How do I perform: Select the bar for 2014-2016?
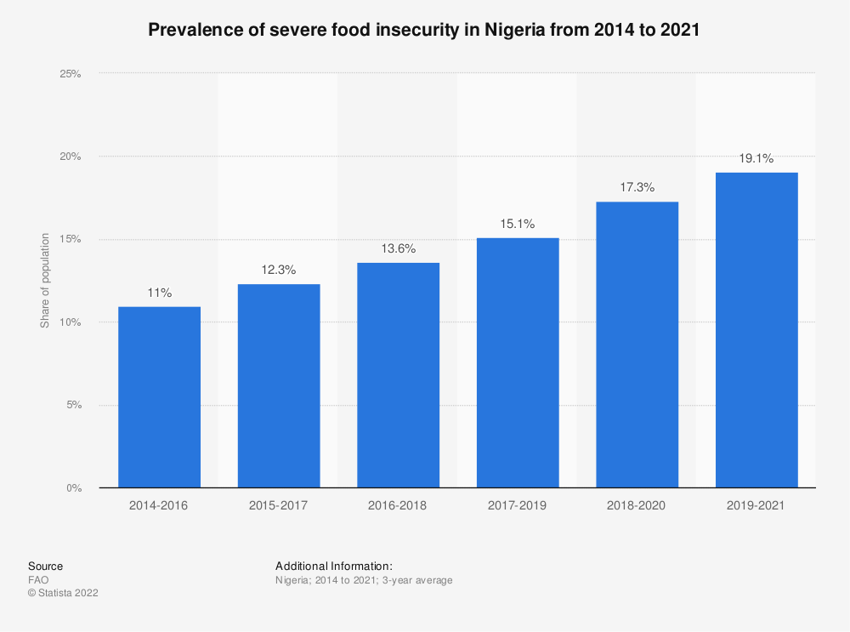159,397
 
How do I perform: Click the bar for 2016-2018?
398,375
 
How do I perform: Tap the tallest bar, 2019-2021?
756,330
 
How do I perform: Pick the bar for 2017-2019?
518,363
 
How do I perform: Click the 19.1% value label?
756,158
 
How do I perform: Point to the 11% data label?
159,293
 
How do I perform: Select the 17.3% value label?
637,187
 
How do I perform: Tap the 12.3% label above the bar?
279,270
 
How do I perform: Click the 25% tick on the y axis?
70,74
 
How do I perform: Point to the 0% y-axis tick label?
73,488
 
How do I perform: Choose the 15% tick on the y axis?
70,240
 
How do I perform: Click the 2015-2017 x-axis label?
279,505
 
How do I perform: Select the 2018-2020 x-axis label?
637,505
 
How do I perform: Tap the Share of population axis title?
45,281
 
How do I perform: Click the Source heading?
45,566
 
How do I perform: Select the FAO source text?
38,580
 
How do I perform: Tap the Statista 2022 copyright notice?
63,594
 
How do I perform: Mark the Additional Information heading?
333,566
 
